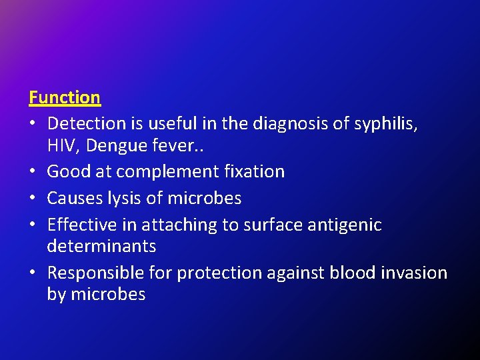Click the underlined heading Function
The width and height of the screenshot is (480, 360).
click(65, 97)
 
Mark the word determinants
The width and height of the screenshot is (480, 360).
click(101, 246)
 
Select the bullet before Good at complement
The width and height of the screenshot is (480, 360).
click(34, 172)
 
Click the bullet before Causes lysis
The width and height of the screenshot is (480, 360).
click(34, 199)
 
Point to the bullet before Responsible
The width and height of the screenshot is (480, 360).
click(34, 273)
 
